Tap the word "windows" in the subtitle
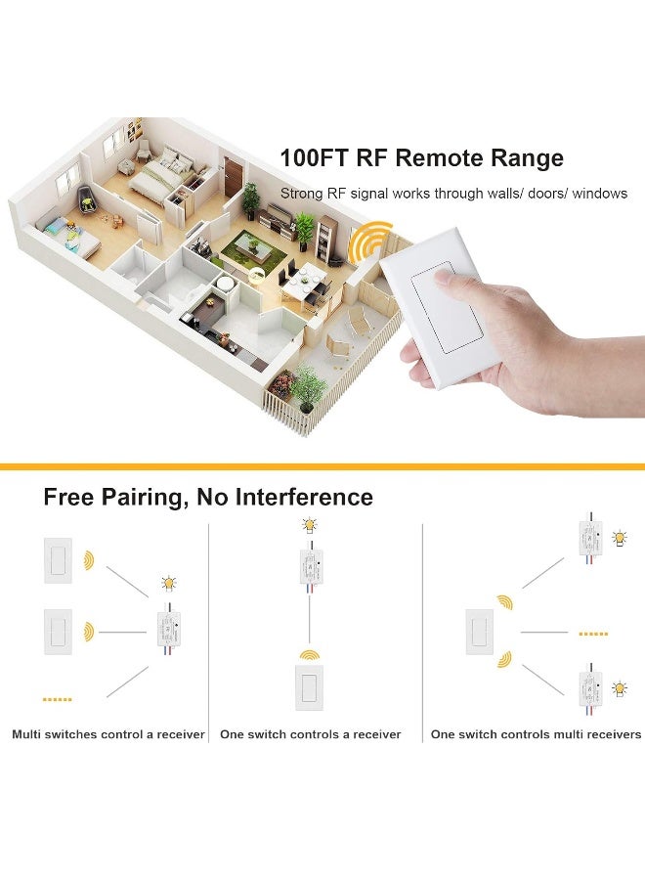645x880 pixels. [599, 194]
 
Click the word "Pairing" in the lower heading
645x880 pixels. [146, 498]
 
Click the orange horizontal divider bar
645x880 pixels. [322, 466]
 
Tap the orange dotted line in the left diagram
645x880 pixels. [58, 699]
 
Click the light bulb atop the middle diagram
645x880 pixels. [310, 525]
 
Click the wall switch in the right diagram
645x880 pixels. [480, 632]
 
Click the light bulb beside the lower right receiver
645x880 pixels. [619, 688]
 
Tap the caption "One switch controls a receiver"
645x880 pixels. [311, 734]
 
